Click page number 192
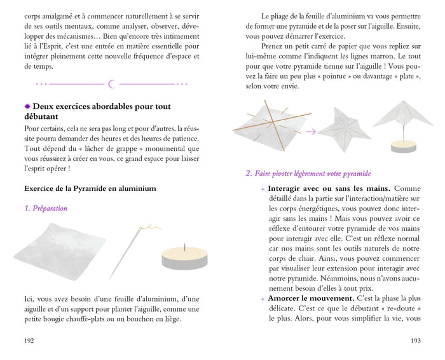coord(29,340)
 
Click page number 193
coord(415,340)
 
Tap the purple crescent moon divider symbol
coord(112,84)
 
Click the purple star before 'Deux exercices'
coord(27,107)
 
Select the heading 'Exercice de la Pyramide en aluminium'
coord(90,188)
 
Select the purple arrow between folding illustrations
coord(311,132)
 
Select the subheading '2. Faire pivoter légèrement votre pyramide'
coord(308,174)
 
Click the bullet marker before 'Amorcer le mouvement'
coord(262,298)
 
